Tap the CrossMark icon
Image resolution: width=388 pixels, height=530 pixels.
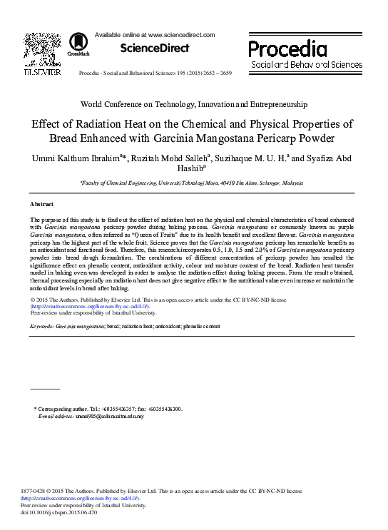click(x=73, y=46)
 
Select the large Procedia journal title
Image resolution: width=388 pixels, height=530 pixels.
click(x=287, y=49)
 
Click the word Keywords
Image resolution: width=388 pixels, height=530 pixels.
click(x=42, y=325)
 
